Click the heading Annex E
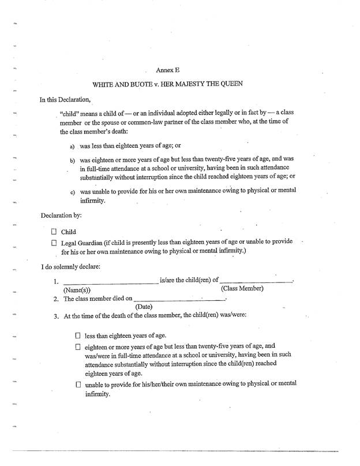[177, 70]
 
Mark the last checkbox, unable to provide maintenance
[78, 385]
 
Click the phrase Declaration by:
[61, 216]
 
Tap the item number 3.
[56, 316]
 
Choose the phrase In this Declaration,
[65, 99]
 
